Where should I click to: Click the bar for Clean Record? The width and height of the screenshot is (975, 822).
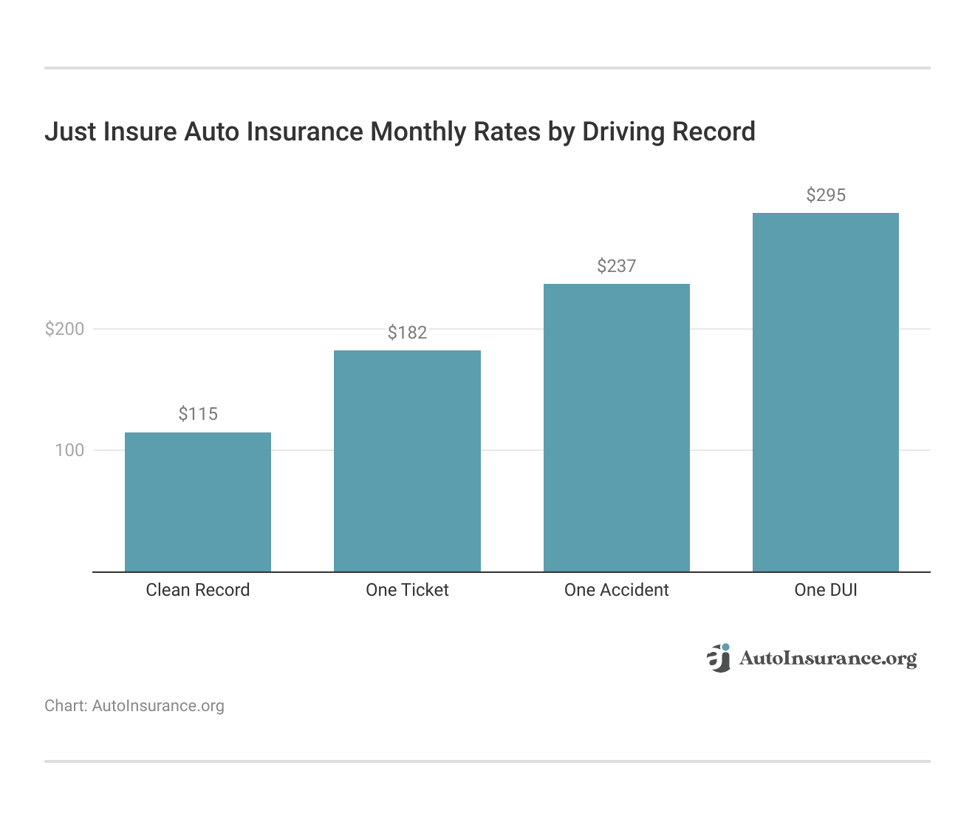[198, 502]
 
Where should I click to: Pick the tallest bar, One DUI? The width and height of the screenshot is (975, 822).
[825, 392]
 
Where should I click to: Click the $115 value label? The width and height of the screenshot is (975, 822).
[198, 414]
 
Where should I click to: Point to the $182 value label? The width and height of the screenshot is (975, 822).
[407, 333]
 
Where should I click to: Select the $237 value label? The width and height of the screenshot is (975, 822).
[616, 266]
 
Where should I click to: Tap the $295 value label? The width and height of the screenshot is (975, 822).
[825, 195]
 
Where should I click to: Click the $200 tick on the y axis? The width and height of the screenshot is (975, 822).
[65, 329]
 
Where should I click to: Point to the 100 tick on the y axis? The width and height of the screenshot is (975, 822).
[69, 450]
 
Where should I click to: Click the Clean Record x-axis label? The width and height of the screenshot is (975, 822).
[198, 590]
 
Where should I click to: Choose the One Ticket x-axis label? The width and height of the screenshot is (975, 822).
[407, 590]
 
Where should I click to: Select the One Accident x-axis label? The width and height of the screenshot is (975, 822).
[616, 590]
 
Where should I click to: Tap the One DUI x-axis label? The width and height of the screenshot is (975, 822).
[825, 590]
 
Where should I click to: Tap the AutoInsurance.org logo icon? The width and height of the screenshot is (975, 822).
[718, 657]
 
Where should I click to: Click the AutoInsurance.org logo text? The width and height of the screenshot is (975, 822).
[827, 658]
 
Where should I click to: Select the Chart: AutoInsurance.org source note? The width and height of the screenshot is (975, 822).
[134, 706]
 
